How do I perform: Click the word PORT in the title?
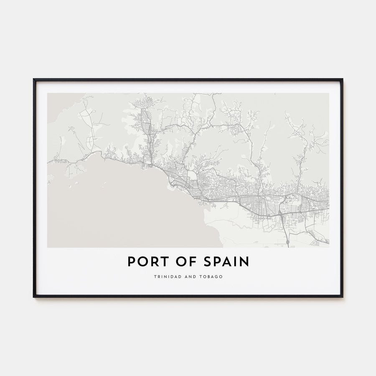[144, 262]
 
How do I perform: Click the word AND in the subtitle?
[188, 277]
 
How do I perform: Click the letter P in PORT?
[131, 262]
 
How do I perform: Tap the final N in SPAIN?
[245, 262]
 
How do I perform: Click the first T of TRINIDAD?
[155, 277]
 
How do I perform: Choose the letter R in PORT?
[150, 262]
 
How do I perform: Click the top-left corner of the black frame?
[34, 79]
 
